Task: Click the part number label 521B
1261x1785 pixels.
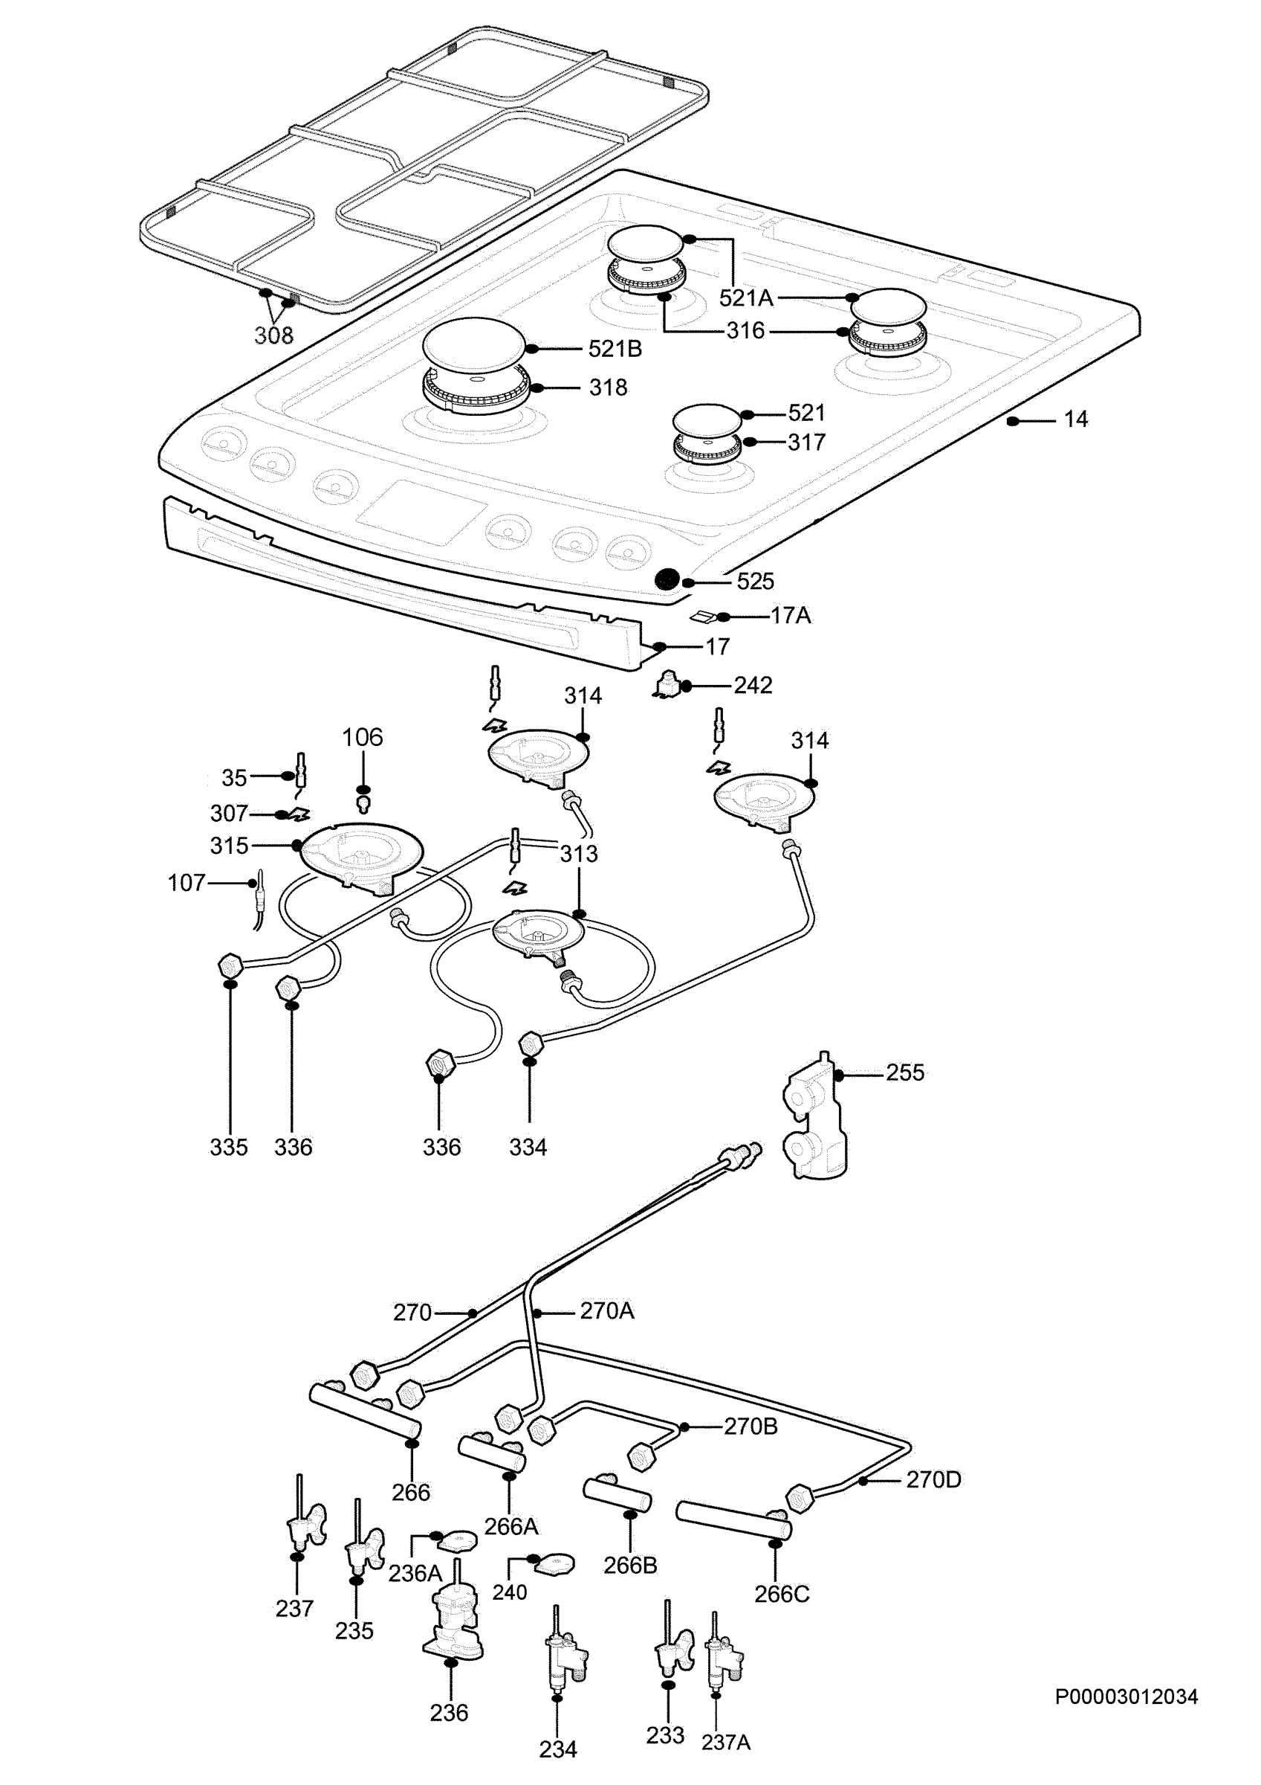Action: coord(615,349)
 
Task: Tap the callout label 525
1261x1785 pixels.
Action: coord(755,582)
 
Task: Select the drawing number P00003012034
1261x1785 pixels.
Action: coord(1126,1696)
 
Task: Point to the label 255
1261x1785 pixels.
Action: coord(905,1073)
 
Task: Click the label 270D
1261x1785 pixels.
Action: coord(933,1479)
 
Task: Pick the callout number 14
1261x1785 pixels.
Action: coord(1075,419)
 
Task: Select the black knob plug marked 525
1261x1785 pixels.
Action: coord(666,579)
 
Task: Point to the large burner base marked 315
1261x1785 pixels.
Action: coord(361,857)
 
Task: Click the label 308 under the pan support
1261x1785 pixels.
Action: coord(273,336)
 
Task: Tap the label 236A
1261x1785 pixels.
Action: coord(415,1574)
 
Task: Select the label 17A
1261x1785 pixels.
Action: coord(790,616)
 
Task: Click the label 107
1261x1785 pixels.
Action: coord(187,883)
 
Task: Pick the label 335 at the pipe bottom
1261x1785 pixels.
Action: coord(228,1148)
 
